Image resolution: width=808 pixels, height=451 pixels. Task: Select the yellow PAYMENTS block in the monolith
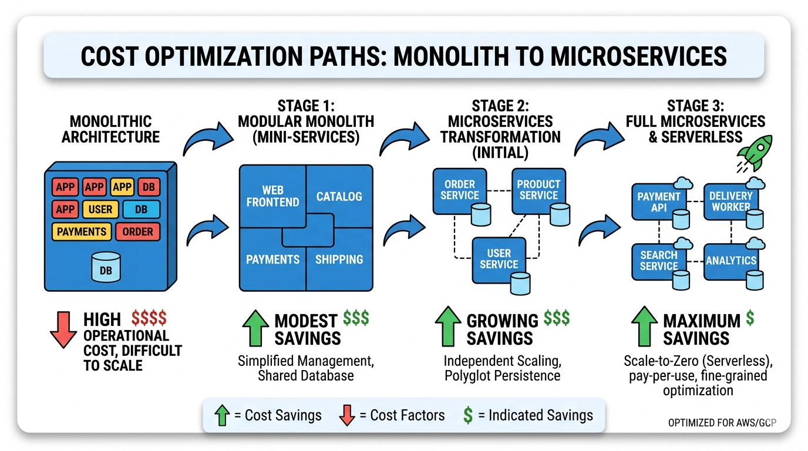pyautogui.click(x=82, y=231)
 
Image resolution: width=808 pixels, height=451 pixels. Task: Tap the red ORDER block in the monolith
pyautogui.click(x=137, y=231)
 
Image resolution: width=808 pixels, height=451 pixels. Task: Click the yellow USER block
pyautogui.click(x=100, y=209)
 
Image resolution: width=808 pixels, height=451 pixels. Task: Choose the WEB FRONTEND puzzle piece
pyautogui.click(x=272, y=197)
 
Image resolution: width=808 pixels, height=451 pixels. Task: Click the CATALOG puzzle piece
pyautogui.click(x=339, y=196)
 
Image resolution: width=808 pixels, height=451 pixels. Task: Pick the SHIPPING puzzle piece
pyautogui.click(x=339, y=259)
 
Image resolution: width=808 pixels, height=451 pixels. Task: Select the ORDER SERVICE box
pyautogui.click(x=459, y=189)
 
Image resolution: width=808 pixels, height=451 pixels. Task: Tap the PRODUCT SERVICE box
pyautogui.click(x=538, y=189)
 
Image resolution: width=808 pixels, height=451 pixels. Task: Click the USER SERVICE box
pyautogui.click(x=499, y=259)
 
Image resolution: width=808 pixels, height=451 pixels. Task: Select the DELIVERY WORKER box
pyautogui.click(x=730, y=201)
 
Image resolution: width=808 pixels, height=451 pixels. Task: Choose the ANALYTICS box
pyautogui.click(x=730, y=260)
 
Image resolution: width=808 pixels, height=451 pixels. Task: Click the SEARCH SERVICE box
pyautogui.click(x=658, y=260)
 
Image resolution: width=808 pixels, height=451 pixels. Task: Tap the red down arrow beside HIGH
pyautogui.click(x=63, y=329)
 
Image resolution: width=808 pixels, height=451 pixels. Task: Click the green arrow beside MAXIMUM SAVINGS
pyautogui.click(x=644, y=327)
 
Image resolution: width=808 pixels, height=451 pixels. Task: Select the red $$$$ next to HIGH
pyautogui.click(x=149, y=319)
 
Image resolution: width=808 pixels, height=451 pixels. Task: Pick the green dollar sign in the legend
pyautogui.click(x=468, y=416)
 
